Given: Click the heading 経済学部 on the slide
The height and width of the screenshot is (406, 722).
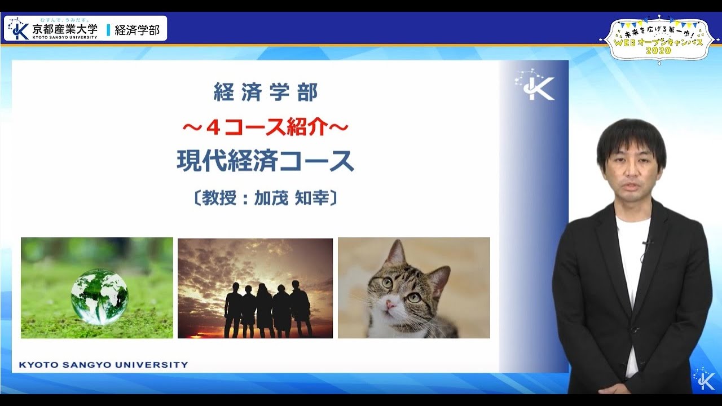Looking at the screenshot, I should [265, 92].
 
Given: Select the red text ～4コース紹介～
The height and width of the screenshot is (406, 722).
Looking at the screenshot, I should [265, 128].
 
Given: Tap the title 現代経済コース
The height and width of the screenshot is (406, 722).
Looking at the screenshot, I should [265, 161].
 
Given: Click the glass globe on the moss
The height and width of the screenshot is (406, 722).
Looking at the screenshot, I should [100, 296].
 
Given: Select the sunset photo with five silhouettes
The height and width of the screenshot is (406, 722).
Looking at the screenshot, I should [255, 288].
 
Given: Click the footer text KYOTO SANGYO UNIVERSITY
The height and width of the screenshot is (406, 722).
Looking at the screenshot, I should [103, 365].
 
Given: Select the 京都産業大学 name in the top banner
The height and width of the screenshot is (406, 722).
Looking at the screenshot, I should [65, 28].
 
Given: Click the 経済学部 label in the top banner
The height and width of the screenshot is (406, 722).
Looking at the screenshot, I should [137, 30].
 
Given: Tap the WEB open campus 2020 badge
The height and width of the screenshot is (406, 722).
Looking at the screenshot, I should [658, 38].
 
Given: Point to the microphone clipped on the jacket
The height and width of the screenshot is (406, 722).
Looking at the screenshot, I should [648, 243].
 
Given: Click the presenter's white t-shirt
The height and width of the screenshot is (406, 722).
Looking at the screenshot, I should [632, 265].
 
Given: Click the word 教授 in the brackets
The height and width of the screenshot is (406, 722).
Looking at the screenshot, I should [218, 198].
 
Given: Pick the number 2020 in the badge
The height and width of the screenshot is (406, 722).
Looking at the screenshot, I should [658, 50].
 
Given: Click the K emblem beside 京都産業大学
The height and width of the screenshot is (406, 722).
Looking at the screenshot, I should [19, 28].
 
